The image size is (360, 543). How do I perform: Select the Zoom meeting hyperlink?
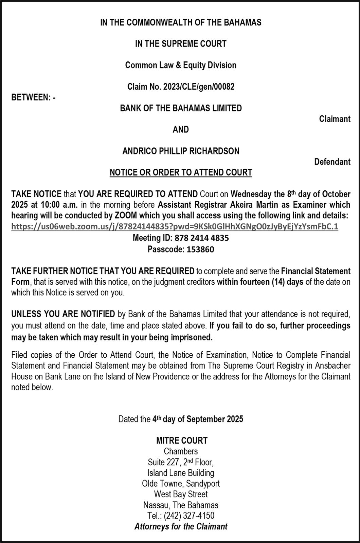175,227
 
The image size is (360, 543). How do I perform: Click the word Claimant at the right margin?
335,119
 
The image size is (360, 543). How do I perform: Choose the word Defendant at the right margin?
332,162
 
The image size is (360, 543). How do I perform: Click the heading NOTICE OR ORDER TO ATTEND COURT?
181,172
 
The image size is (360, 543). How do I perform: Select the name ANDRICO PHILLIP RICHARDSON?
181,151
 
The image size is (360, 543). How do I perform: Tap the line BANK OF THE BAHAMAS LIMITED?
181,108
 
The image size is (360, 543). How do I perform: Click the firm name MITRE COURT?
182,441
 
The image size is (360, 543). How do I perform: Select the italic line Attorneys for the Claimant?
181,527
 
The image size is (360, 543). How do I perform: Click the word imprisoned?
193,338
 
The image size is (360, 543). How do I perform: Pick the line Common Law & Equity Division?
181,65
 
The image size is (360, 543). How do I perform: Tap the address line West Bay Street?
181,494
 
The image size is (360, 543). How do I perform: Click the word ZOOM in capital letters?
126,216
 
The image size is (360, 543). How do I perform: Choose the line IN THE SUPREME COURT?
181,44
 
